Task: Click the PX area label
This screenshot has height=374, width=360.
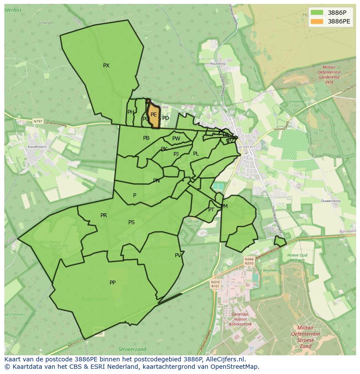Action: point(106,66)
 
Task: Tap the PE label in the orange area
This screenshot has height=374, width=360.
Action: point(153,115)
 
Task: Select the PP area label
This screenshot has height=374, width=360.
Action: point(113,283)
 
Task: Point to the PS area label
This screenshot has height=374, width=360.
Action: point(131,222)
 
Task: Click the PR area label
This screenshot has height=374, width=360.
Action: point(103,215)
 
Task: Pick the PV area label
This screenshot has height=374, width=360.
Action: point(178,255)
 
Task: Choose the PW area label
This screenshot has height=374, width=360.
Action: point(176,139)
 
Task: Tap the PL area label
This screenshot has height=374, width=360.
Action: point(196,154)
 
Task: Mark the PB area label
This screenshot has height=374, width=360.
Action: point(146,138)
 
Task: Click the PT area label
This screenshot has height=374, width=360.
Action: point(211,210)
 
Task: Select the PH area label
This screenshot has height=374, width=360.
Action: point(130,112)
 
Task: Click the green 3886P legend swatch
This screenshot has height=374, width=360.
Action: point(317,12)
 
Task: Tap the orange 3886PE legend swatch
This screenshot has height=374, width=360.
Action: point(317,21)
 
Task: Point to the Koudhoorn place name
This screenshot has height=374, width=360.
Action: point(37,147)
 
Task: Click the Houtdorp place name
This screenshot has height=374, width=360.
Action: point(218,64)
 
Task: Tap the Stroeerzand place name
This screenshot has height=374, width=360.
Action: point(132,349)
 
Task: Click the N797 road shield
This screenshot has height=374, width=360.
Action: point(39,122)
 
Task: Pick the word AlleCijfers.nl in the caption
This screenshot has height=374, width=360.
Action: point(225,359)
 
